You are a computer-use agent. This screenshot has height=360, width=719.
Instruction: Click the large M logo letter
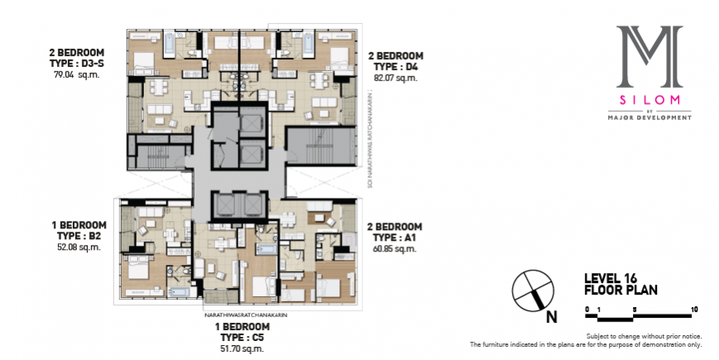click(x=649, y=56)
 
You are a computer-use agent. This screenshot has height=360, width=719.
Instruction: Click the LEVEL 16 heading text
click(x=609, y=280)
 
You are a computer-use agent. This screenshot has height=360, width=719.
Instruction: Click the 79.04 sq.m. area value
click(x=74, y=75)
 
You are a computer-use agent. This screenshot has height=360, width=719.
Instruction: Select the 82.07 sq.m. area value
click(x=395, y=78)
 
